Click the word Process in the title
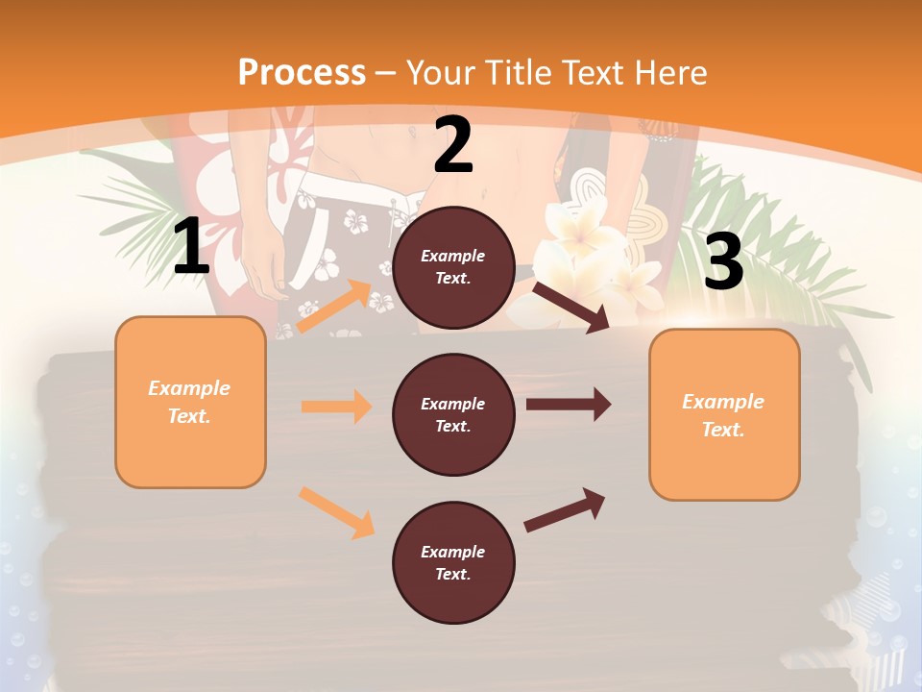(302, 73)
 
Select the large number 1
(191, 247)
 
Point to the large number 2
(453, 146)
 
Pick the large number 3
(724, 261)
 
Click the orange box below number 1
(190, 402)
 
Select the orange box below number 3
(724, 414)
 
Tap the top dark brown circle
(453, 267)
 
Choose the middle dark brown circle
(453, 414)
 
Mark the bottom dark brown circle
(453, 562)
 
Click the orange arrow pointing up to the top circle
(334, 307)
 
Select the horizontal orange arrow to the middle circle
(336, 407)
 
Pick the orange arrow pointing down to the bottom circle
(337, 511)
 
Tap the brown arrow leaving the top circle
(571, 307)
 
